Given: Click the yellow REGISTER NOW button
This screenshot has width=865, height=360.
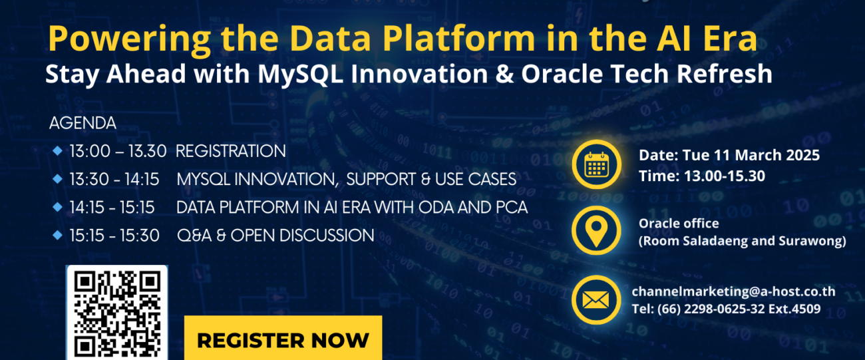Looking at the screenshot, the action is tap(283, 338).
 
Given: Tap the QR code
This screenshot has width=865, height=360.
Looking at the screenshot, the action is tap(117, 313).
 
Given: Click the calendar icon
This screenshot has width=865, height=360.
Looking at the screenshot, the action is tap(597, 164).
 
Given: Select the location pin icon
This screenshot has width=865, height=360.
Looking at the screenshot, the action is tap(597, 231).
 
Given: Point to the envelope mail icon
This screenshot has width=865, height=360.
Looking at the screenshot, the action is tap(597, 299).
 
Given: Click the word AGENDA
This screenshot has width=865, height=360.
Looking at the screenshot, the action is tap(83, 123).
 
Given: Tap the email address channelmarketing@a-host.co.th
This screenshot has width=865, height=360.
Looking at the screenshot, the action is tap(734, 291).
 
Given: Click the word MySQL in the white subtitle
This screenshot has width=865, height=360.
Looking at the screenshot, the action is tap(301, 74).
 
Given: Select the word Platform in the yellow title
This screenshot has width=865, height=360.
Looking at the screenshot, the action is tap(459, 38).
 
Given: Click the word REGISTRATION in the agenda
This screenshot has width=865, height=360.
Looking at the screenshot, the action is tap(231, 151).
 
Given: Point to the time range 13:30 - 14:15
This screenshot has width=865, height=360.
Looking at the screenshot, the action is tap(114, 179).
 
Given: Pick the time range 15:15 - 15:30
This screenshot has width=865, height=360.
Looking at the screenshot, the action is tap(114, 236).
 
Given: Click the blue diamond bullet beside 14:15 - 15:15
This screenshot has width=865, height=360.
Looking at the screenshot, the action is tap(57, 207).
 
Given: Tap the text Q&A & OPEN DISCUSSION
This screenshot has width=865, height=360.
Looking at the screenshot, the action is tap(275, 236).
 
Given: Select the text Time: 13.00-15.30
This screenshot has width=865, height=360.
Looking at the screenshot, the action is tap(702, 176).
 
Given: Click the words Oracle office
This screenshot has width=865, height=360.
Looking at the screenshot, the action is tap(679, 224).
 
